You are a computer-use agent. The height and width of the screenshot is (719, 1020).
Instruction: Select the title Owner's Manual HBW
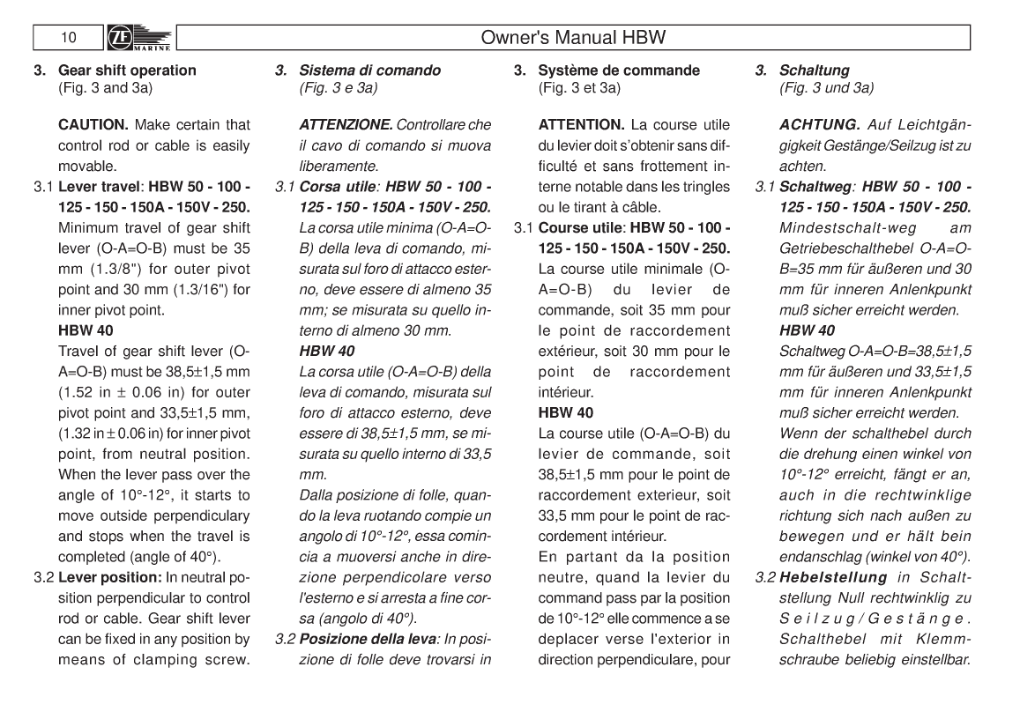pyautogui.click(x=573, y=38)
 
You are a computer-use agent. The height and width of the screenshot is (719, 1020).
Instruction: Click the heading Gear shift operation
pyautogui.click(x=127, y=70)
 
